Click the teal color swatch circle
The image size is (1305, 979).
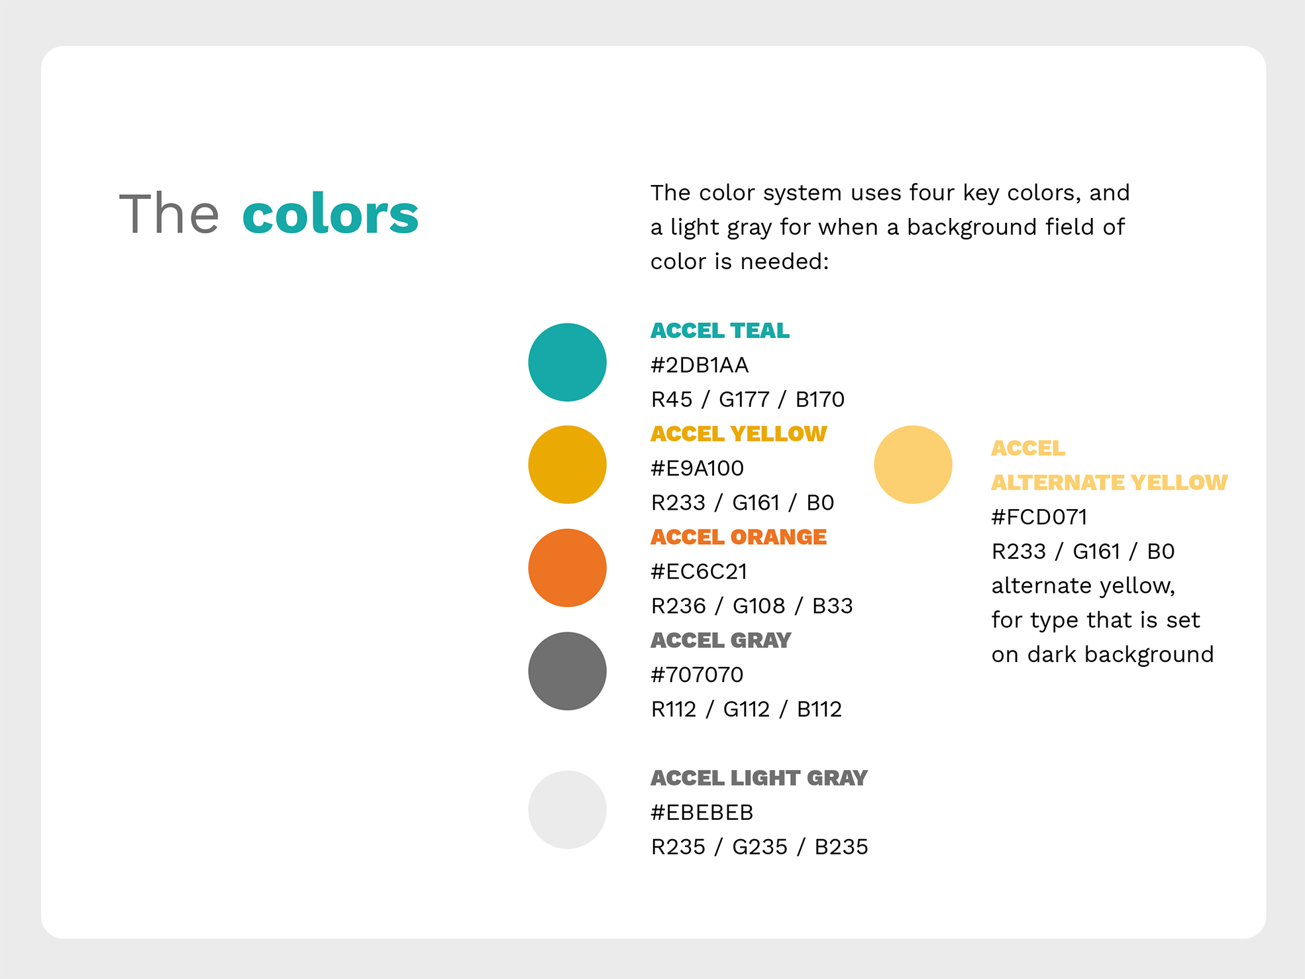pyautogui.click(x=567, y=363)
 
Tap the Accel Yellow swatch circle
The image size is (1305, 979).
pyautogui.click(x=567, y=465)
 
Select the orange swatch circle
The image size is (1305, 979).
pyautogui.click(x=567, y=568)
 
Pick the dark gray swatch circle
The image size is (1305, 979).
pyautogui.click(x=567, y=671)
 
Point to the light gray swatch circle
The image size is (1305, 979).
pyautogui.click(x=567, y=810)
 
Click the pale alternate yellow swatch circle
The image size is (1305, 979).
pyautogui.click(x=913, y=465)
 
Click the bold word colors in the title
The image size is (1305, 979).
pyautogui.click(x=331, y=214)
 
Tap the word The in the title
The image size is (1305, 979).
pyautogui.click(x=169, y=213)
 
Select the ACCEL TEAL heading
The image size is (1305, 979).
pyautogui.click(x=720, y=330)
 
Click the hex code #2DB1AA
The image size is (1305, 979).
pyautogui.click(x=700, y=365)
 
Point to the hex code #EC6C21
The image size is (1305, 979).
pyautogui.click(x=699, y=571)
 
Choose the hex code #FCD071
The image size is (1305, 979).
pyautogui.click(x=1039, y=517)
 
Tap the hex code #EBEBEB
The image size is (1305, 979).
pyautogui.click(x=702, y=813)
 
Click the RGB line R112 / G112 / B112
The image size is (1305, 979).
pyautogui.click(x=747, y=709)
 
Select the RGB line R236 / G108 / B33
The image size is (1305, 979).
pyautogui.click(x=752, y=606)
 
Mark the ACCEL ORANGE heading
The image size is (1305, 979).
pyautogui.click(x=739, y=537)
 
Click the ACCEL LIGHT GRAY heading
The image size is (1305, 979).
pyautogui.click(x=759, y=777)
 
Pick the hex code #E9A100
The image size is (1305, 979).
pyautogui.click(x=698, y=469)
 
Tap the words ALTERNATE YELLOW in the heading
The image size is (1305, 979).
pyautogui.click(x=1110, y=483)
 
